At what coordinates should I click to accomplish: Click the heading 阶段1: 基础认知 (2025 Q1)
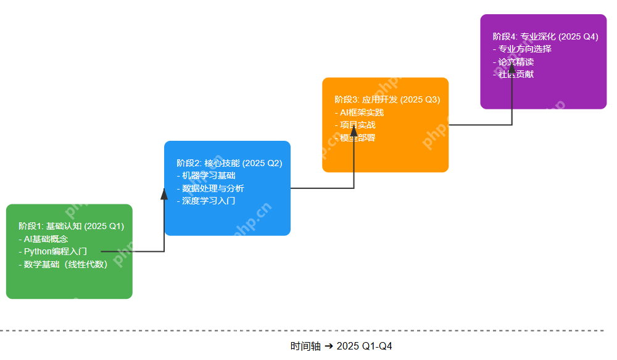(72, 227)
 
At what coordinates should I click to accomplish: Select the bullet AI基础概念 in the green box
(44, 239)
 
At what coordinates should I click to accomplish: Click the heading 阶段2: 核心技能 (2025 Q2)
(230, 163)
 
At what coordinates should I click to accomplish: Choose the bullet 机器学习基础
(206, 175)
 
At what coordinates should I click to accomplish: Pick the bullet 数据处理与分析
(210, 188)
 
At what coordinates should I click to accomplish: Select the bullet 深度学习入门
(206, 201)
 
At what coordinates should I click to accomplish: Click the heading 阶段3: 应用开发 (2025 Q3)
(387, 99)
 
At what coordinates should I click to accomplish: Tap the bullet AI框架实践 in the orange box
(360, 112)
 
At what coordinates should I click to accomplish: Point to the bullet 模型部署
(356, 138)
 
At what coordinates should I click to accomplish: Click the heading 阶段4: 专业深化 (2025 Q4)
(545, 36)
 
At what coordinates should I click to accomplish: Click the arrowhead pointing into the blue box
(164, 194)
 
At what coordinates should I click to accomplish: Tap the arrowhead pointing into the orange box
(354, 130)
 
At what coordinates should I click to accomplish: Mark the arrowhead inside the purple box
(512, 67)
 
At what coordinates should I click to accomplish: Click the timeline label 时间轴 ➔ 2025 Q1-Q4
(341, 346)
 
